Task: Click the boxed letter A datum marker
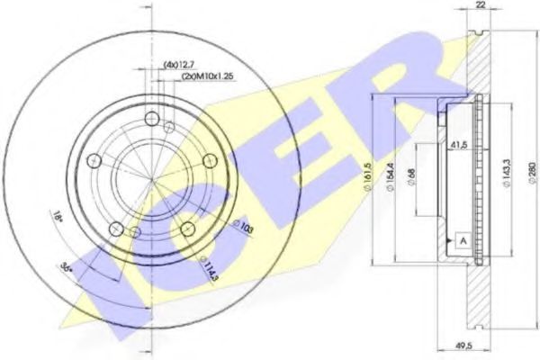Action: click(x=461, y=239)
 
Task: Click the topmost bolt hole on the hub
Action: click(x=150, y=117)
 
